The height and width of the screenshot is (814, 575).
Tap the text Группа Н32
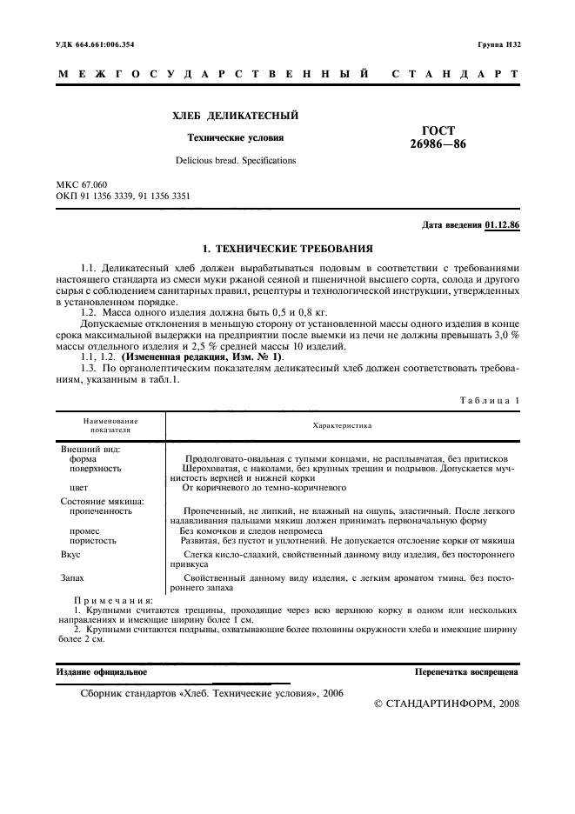click(498, 43)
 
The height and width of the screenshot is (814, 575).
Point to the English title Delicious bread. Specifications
click(235, 160)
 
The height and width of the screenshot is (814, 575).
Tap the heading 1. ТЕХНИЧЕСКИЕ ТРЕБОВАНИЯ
click(287, 248)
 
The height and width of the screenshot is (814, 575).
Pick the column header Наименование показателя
click(110, 425)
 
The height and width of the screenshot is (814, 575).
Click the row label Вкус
click(70, 553)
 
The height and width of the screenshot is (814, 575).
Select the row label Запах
click(74, 577)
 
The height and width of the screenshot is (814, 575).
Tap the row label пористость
click(93, 540)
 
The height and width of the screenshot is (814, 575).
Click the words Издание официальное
click(102, 672)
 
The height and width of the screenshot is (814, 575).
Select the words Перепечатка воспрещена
click(467, 672)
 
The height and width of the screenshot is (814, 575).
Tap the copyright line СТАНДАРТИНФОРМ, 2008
click(446, 703)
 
